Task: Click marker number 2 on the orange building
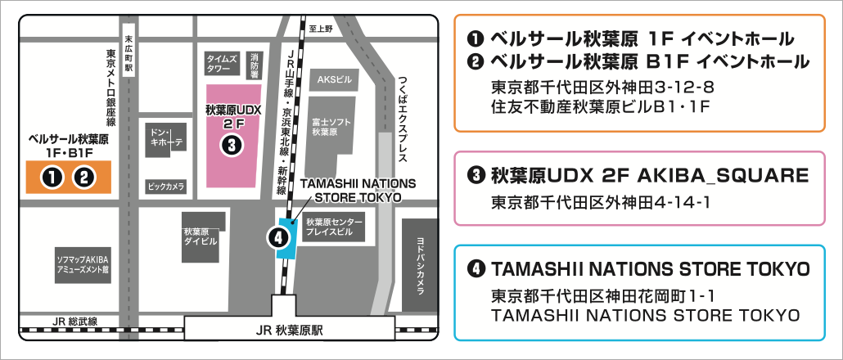tap(83, 177)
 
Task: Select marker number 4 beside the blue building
tap(278, 238)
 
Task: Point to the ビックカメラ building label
tap(166, 186)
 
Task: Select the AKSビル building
tap(332, 80)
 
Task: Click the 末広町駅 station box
tap(128, 55)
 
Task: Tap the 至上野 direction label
tap(322, 29)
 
